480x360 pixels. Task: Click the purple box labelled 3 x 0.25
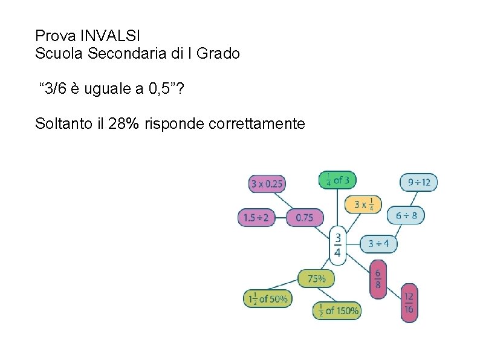[267, 183]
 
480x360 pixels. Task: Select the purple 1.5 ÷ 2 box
[256, 217]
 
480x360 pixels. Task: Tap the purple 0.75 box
[304, 217]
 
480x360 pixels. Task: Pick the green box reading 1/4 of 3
[337, 180]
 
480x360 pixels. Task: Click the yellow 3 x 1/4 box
[363, 204]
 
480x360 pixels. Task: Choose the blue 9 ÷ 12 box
[418, 182]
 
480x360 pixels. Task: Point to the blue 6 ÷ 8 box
[406, 215]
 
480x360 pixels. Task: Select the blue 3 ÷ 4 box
[379, 244]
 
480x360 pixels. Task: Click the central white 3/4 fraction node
[337, 245]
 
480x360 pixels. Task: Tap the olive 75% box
[316, 278]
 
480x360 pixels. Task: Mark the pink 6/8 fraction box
[378, 279]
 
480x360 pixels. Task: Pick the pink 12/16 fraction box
[409, 302]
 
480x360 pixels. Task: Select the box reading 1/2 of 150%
[337, 310]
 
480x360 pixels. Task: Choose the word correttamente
[256, 124]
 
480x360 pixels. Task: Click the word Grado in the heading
[219, 53]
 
